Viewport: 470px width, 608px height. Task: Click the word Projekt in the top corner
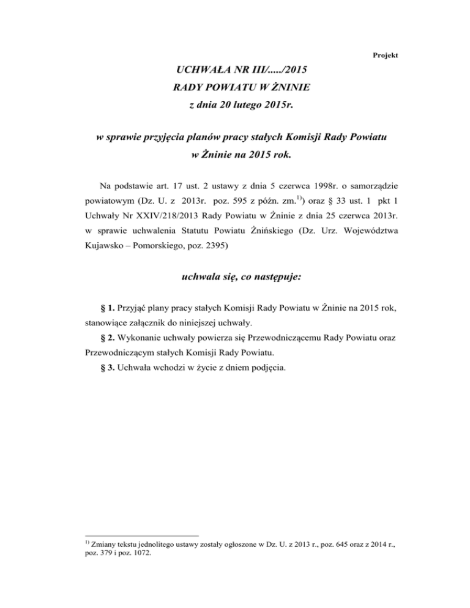(x=386, y=55)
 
